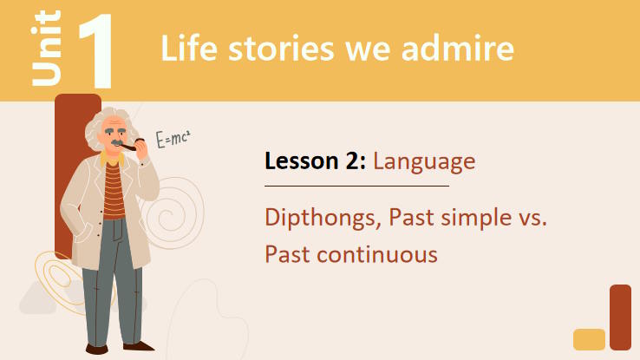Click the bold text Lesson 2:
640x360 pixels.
[x=316, y=161]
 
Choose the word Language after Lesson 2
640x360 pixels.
[x=424, y=161]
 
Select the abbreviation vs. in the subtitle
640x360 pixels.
[x=528, y=218]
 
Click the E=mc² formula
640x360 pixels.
[x=173, y=139]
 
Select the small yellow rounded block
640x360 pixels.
[x=590, y=339]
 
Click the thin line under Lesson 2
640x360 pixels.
[x=356, y=186]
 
